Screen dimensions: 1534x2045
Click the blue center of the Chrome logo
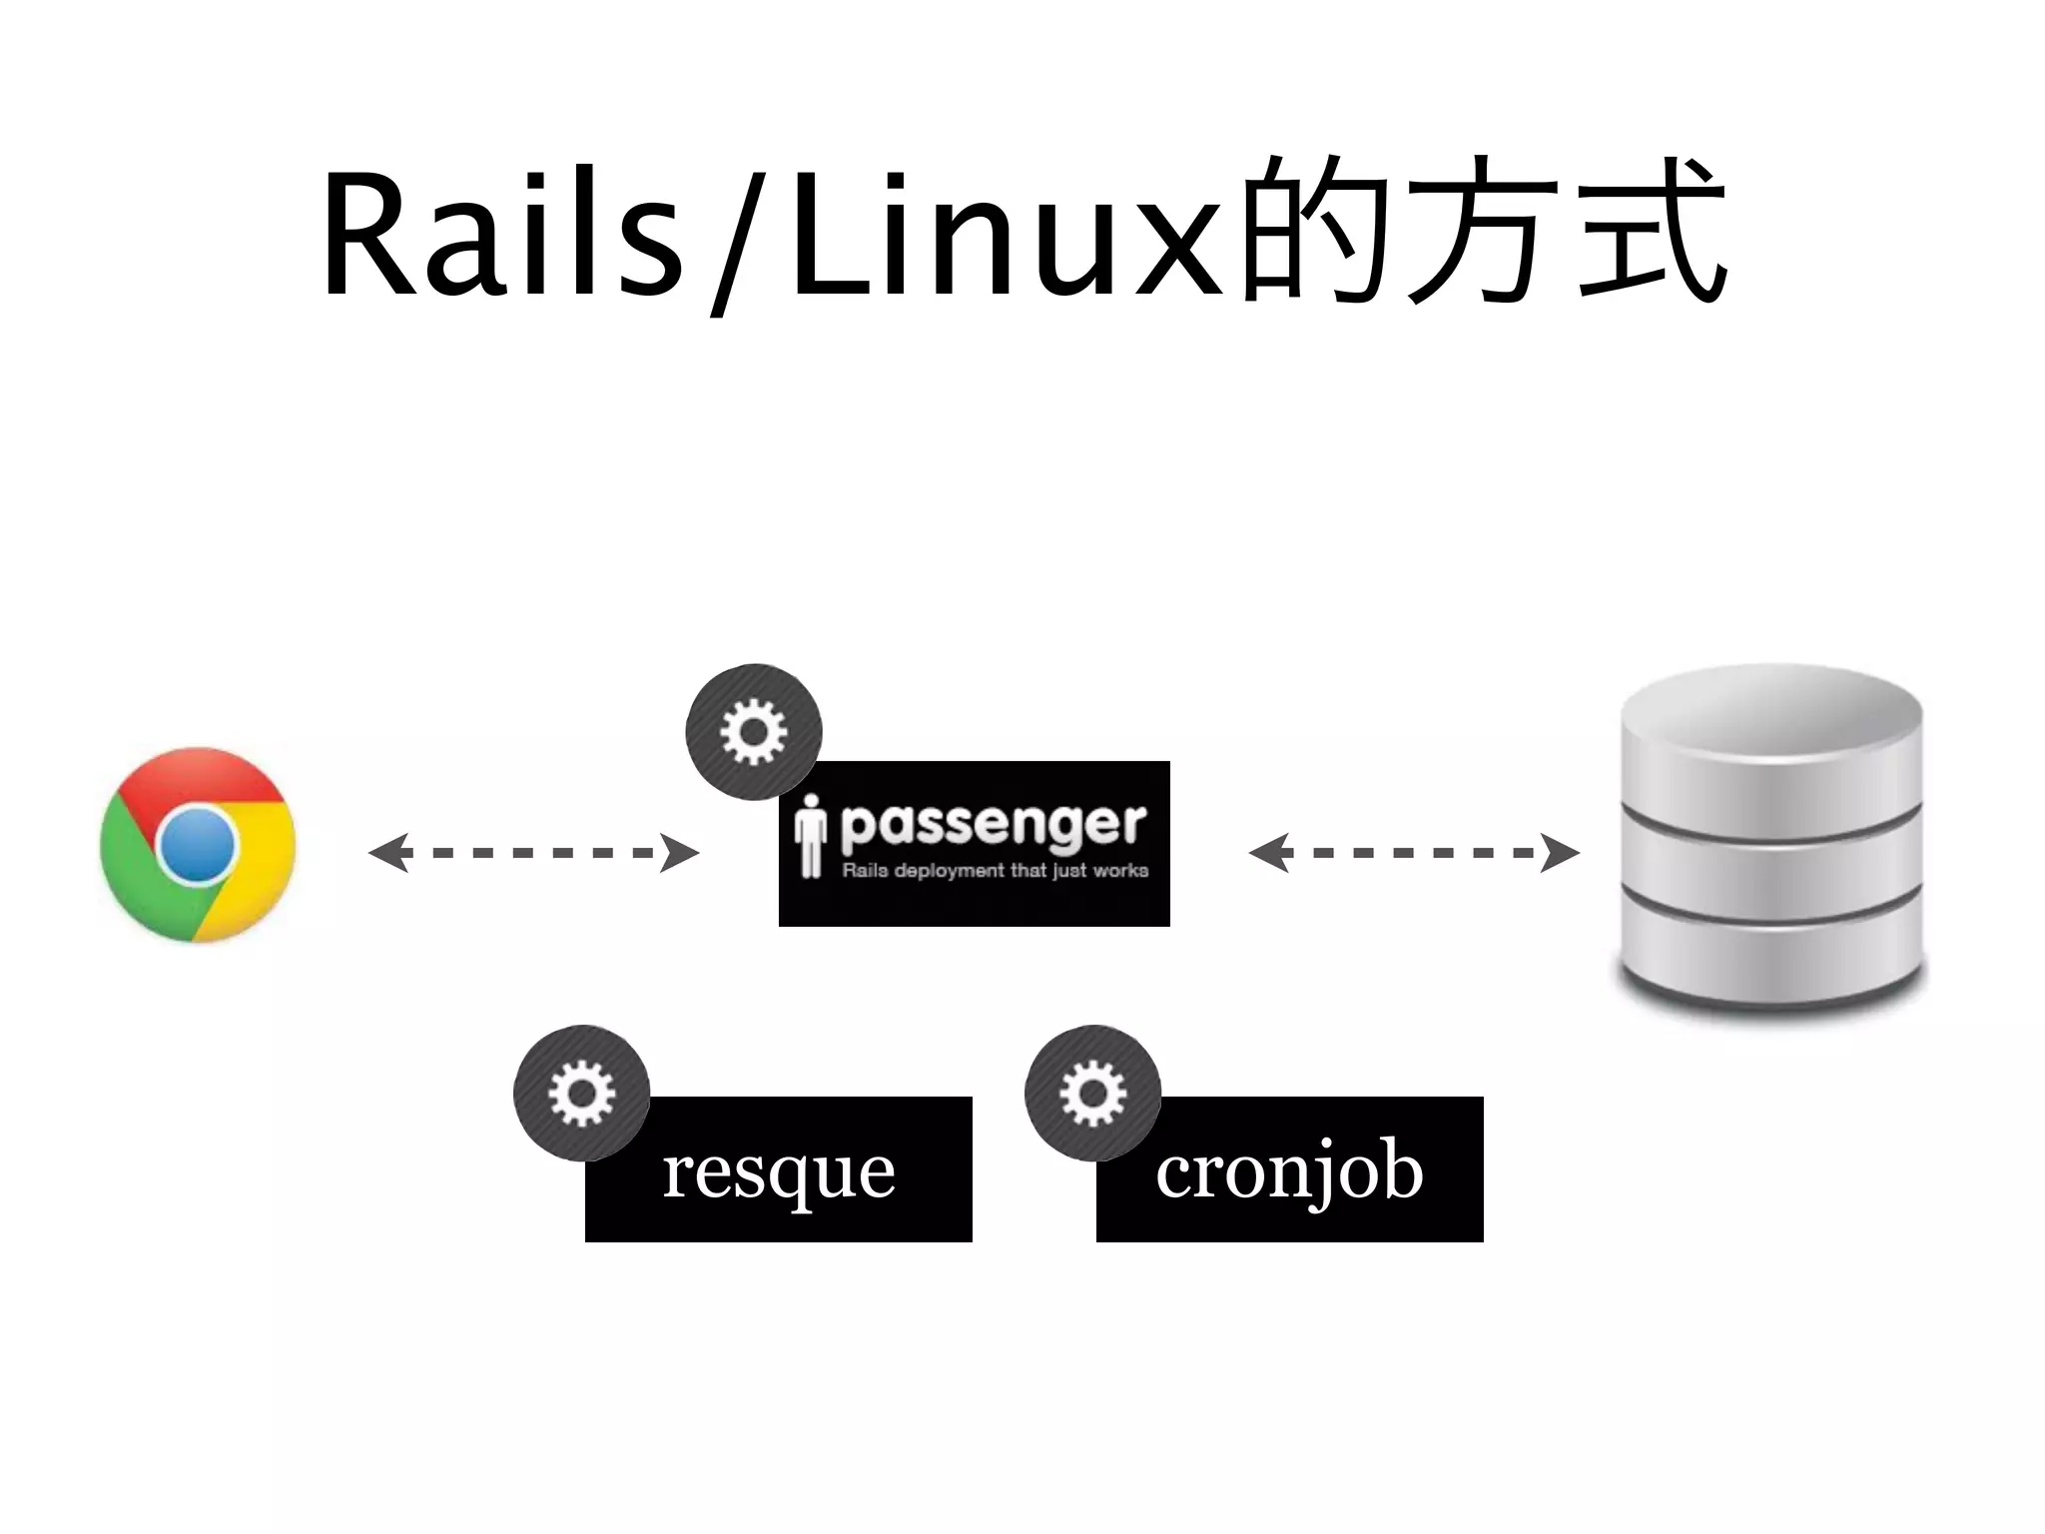click(198, 845)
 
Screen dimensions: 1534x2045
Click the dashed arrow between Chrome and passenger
click(533, 853)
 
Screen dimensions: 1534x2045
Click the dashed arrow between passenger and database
click(1413, 853)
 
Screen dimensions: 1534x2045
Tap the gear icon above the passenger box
click(754, 732)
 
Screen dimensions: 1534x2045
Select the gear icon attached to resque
click(582, 1093)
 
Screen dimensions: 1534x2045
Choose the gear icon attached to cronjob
click(1092, 1093)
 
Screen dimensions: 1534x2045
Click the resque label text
click(779, 1170)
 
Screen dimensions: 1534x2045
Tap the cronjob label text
click(1289, 1170)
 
